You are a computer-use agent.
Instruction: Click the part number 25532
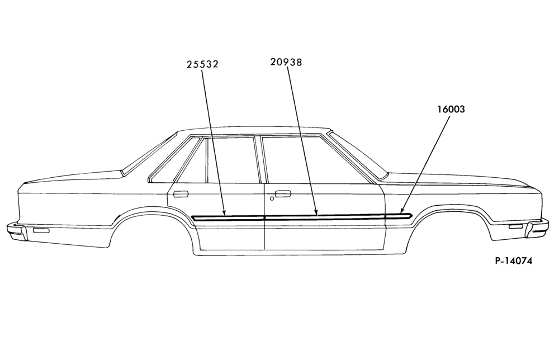202,64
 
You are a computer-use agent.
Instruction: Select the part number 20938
286,63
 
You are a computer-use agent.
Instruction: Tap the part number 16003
451,109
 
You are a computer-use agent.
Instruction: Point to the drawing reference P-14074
513,261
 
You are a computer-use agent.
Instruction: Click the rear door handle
181,194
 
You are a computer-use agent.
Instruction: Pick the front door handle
283,193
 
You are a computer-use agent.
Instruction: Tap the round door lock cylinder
272,198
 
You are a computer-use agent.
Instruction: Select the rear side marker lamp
41,231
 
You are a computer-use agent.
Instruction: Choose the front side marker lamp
515,227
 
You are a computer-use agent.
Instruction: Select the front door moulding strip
325,216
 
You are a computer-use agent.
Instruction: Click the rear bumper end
16,230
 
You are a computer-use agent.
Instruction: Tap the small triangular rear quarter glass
191,160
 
